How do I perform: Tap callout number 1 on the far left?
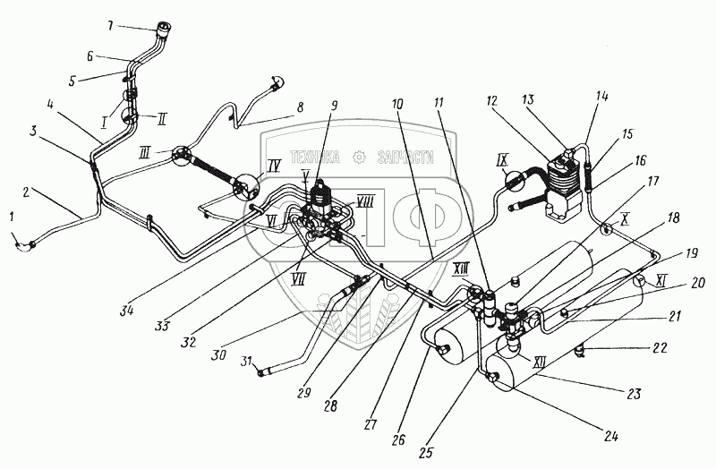point(13,216)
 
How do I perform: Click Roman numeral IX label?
point(501,161)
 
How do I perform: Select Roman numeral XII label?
point(540,363)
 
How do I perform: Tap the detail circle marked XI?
point(641,280)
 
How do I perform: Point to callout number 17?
point(652,181)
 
